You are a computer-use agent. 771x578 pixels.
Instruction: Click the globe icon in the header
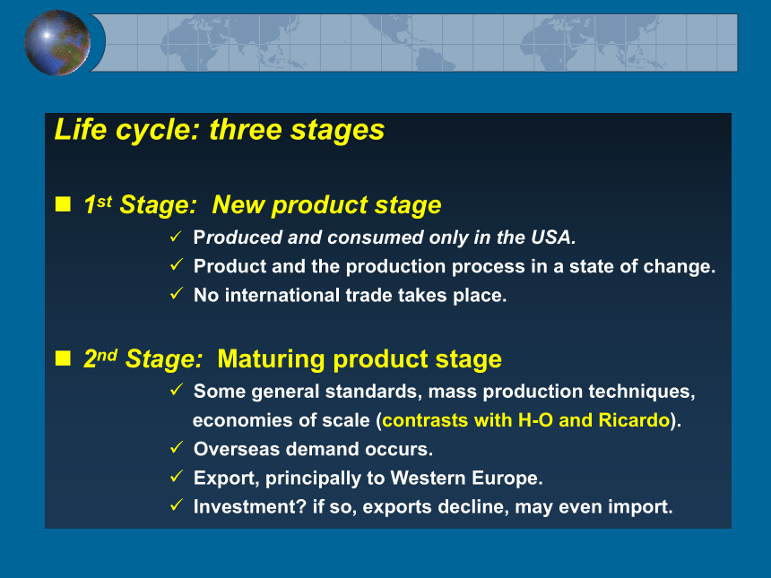click(57, 43)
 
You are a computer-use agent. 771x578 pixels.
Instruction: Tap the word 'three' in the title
click(246, 130)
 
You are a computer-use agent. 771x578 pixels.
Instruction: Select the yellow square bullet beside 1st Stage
click(63, 203)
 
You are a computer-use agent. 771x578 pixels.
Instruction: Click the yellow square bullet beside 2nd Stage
click(63, 358)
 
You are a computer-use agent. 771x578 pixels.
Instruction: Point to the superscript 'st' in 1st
click(104, 202)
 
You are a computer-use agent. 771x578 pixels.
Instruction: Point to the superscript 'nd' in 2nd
click(108, 355)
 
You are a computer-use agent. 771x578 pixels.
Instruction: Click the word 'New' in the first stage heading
click(238, 204)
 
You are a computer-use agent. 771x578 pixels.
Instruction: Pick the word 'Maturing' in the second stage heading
click(271, 358)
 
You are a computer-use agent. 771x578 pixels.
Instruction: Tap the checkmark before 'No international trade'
click(177, 293)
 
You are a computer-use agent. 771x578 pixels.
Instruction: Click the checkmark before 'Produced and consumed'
click(176, 236)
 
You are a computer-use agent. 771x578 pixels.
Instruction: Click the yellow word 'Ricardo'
click(634, 420)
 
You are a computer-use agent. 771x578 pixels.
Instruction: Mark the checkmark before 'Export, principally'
click(177, 476)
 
